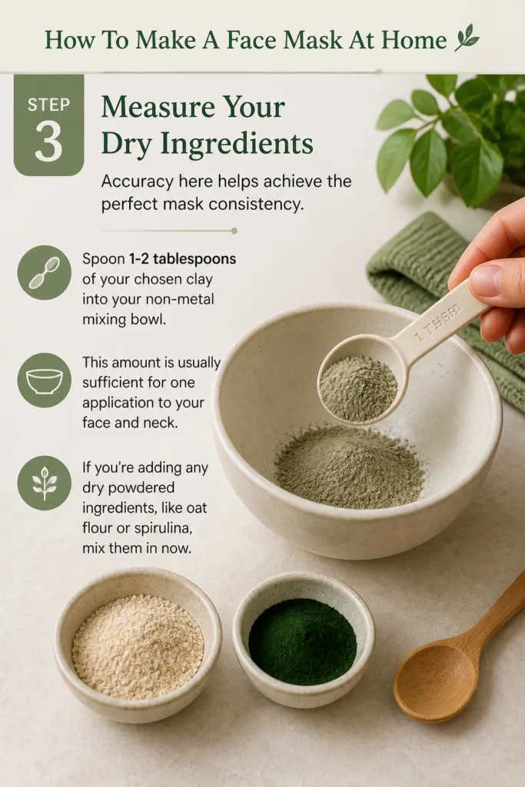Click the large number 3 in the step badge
click(x=48, y=141)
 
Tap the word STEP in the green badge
click(x=48, y=105)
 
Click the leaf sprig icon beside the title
click(x=467, y=38)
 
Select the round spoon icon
click(x=44, y=273)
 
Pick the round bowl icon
click(x=44, y=380)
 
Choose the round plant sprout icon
click(x=44, y=483)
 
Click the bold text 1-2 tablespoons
click(x=182, y=259)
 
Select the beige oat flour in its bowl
click(x=138, y=646)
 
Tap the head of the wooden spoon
click(x=435, y=682)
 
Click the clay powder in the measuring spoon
click(x=358, y=387)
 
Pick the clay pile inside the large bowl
click(x=349, y=465)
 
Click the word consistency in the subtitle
click(x=256, y=204)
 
